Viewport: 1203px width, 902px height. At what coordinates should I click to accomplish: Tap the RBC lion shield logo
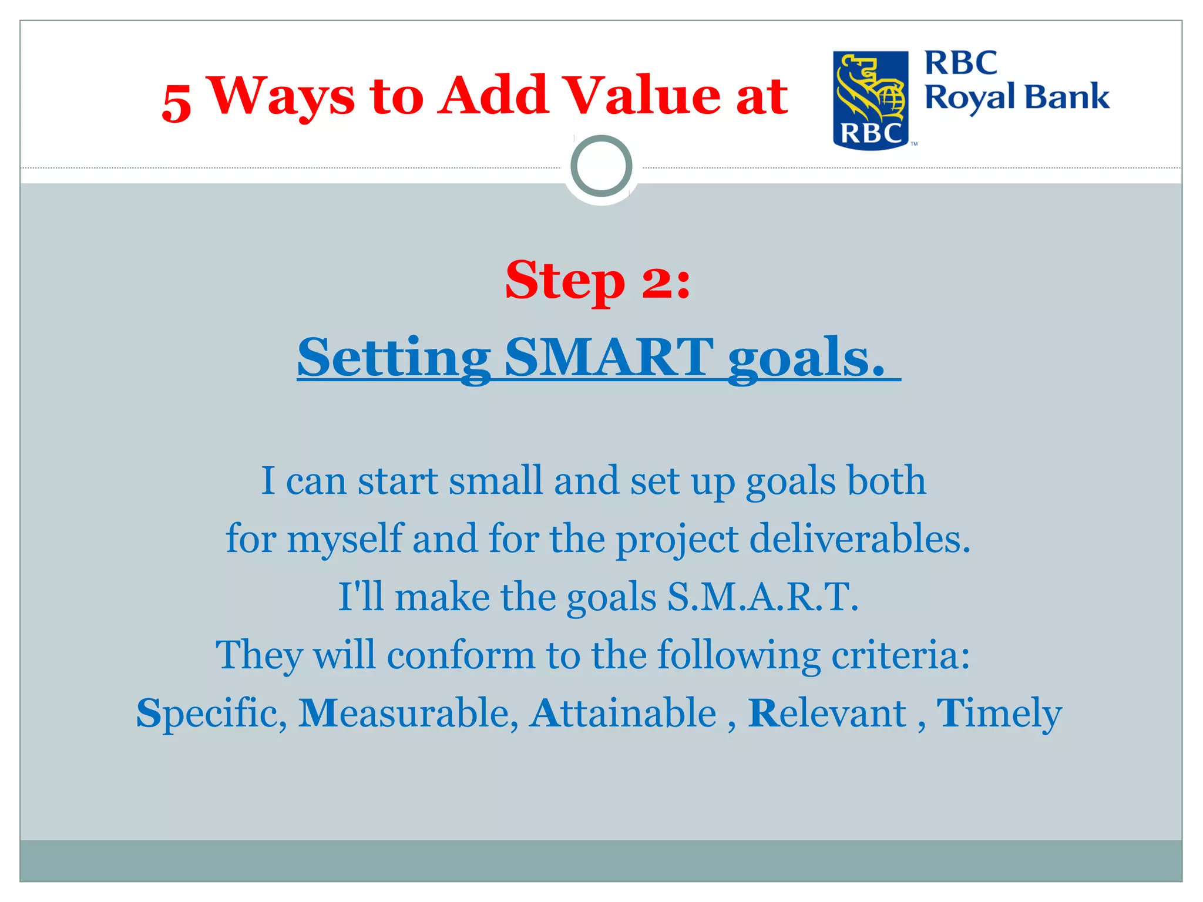click(x=870, y=100)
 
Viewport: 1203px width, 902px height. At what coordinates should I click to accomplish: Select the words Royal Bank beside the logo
click(x=1017, y=97)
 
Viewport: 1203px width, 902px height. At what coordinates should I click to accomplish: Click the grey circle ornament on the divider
click(x=601, y=166)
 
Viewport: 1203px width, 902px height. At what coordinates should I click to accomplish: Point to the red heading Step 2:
click(x=598, y=281)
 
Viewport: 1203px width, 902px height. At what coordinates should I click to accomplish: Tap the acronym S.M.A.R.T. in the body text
click(x=762, y=597)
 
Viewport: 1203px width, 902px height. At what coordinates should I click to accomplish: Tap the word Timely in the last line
click(x=999, y=713)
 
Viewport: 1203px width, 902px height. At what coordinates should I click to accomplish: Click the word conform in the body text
click(x=461, y=654)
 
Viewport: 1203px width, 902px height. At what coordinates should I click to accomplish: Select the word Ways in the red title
click(x=283, y=97)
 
